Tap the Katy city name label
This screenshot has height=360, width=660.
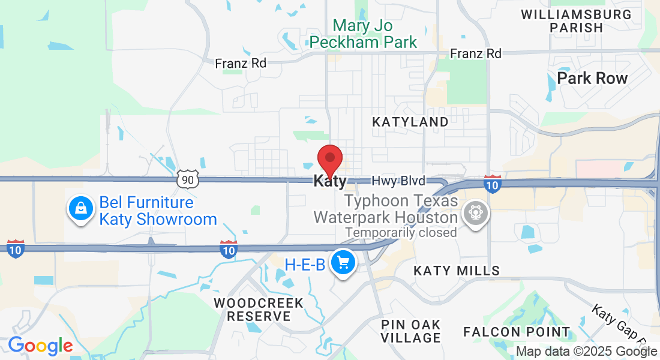click(330, 181)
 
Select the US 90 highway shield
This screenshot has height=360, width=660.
click(187, 179)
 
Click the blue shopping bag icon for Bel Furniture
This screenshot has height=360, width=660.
click(80, 209)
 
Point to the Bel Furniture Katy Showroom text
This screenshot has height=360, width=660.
click(157, 211)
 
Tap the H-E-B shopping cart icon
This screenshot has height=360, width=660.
click(343, 262)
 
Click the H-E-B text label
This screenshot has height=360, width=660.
click(305, 265)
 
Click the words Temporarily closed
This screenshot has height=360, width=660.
click(401, 232)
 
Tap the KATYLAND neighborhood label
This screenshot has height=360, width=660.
click(410, 122)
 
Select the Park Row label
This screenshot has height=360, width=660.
click(592, 79)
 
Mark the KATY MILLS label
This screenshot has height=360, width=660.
click(457, 271)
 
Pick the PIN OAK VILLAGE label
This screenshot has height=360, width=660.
click(410, 331)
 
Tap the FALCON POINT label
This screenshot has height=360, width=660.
click(517, 332)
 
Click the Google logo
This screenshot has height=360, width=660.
click(40, 346)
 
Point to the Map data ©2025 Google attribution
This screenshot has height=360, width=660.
click(586, 352)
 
